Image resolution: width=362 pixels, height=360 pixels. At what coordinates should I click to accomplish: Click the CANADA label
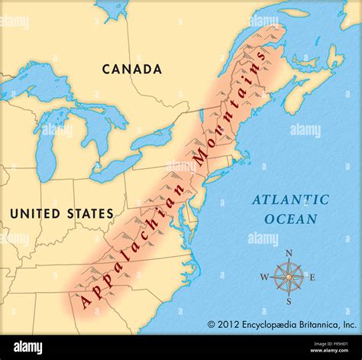[132, 69]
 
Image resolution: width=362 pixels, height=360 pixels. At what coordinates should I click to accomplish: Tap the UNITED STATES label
[61, 213]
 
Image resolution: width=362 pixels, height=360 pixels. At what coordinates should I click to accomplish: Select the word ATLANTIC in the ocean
[291, 200]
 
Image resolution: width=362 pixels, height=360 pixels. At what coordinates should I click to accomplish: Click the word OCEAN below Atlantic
[290, 219]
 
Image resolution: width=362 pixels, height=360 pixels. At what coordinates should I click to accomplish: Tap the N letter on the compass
[288, 253]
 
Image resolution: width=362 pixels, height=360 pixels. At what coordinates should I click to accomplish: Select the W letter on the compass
[264, 277]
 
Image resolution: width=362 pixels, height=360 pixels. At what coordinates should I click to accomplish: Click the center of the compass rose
[288, 276]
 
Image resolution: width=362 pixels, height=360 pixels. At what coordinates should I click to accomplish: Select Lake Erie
[115, 167]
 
